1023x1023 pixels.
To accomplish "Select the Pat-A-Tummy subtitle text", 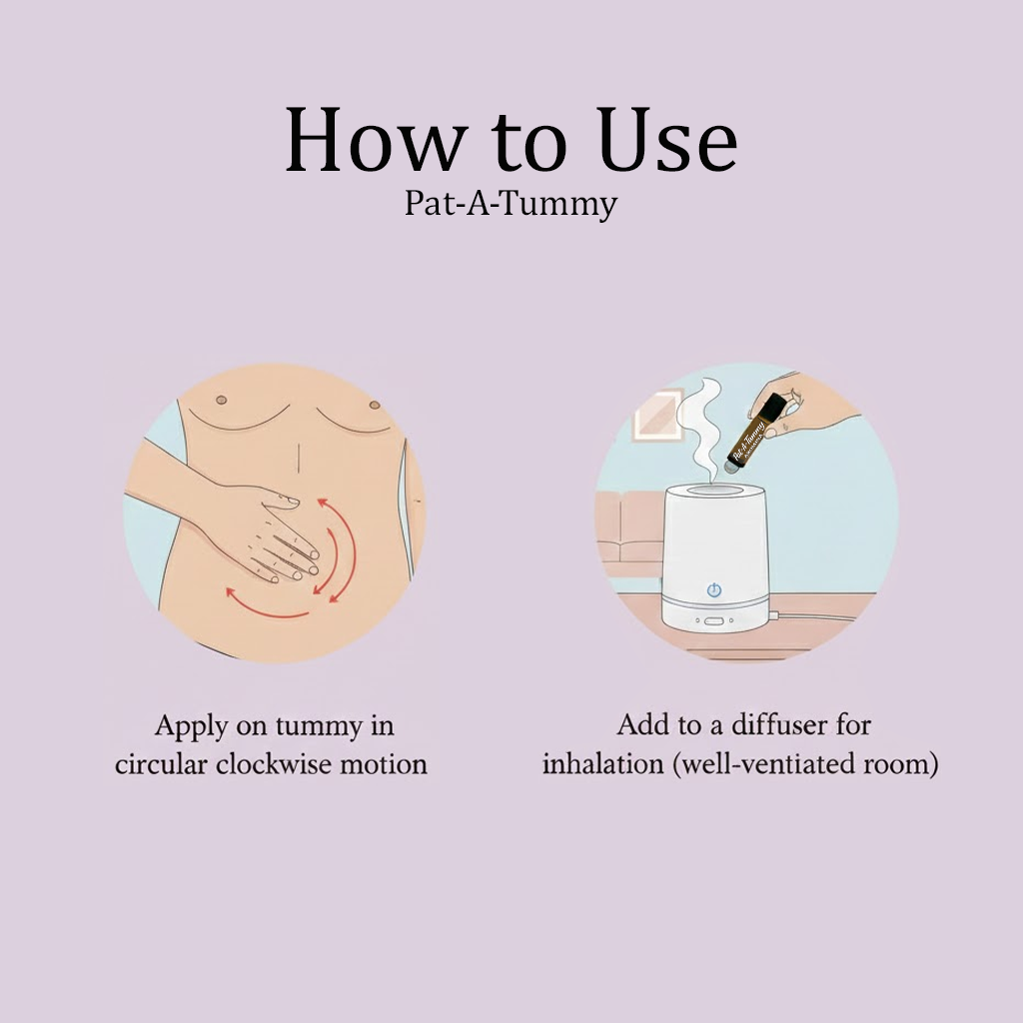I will tap(511, 204).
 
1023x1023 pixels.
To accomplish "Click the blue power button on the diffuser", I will tap(714, 589).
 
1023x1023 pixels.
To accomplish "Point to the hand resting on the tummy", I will tap(265, 529).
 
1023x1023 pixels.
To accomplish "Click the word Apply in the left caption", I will tap(190, 726).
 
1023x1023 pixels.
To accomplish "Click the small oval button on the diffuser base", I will tap(714, 620).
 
